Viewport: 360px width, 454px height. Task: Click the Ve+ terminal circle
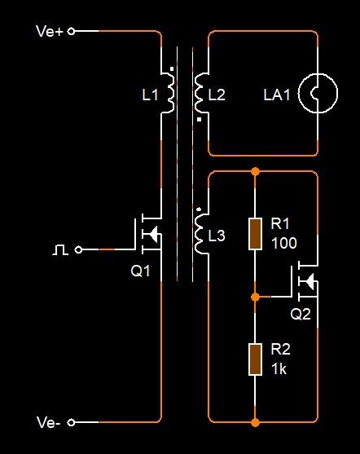point(71,31)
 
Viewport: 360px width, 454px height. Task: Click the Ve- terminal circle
point(71,422)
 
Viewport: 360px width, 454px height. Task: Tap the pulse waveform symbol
point(60,249)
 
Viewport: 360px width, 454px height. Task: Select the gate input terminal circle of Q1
point(78,249)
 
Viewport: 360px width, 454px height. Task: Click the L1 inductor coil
point(171,93)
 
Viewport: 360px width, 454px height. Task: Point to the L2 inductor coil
point(199,93)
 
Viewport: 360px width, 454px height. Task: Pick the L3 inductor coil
point(199,234)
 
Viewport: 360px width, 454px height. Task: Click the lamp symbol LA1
point(318,93)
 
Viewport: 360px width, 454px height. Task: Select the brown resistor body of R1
point(255,234)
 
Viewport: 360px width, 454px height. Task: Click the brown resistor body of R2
point(255,359)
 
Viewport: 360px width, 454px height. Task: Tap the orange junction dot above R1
point(255,171)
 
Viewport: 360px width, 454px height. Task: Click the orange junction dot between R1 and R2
point(255,297)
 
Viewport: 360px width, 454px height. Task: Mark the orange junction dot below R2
point(255,422)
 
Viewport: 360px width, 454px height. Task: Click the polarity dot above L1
point(172,69)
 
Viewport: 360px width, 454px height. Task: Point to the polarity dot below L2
point(199,119)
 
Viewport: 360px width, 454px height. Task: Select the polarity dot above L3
point(199,209)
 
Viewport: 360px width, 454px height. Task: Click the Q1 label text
point(140,271)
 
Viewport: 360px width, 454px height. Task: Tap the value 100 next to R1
point(284,243)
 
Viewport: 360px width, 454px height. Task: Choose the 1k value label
point(279,369)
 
